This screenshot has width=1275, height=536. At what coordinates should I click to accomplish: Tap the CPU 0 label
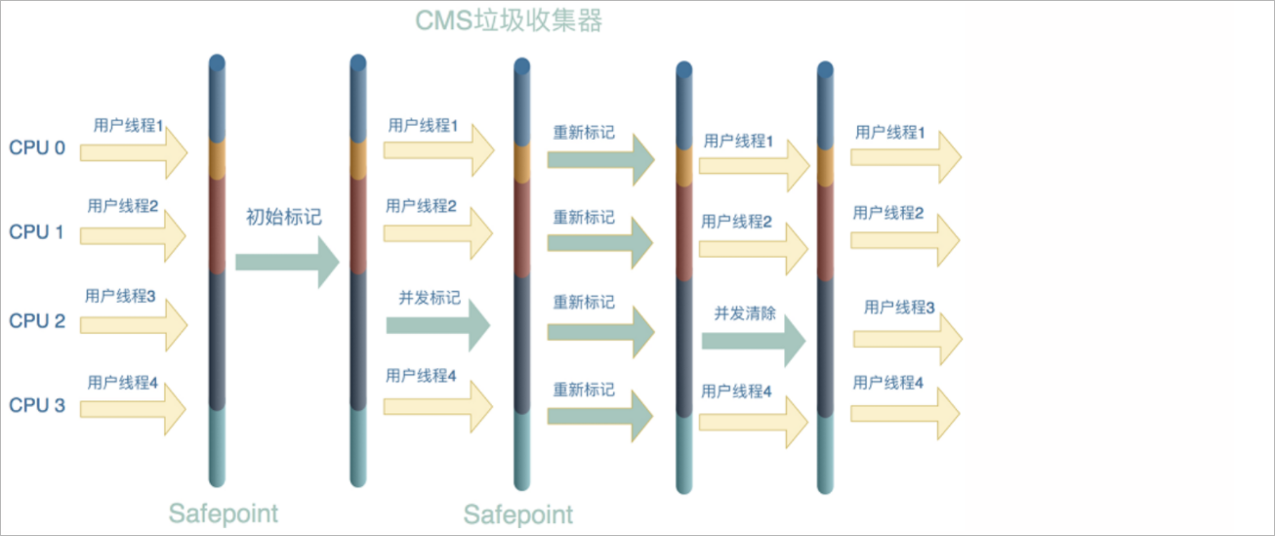pyautogui.click(x=37, y=148)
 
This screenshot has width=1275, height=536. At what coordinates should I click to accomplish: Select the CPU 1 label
pyautogui.click(x=37, y=231)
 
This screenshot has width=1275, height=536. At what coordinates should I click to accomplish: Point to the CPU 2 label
pyautogui.click(x=37, y=320)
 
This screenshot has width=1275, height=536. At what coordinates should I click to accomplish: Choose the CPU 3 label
pyautogui.click(x=37, y=405)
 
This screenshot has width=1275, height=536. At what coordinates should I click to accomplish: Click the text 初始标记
pyautogui.click(x=284, y=217)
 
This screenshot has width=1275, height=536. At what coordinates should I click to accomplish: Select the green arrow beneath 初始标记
pyautogui.click(x=286, y=261)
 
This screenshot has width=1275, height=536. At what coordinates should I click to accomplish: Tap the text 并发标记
pyautogui.click(x=430, y=298)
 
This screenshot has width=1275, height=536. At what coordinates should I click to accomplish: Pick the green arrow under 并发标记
pyautogui.click(x=436, y=326)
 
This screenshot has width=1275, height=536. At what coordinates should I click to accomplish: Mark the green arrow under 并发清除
pyautogui.click(x=752, y=340)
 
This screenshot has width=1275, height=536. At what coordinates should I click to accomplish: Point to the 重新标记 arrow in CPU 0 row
pyautogui.click(x=599, y=158)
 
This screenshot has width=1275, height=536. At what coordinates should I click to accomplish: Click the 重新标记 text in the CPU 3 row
pyautogui.click(x=584, y=389)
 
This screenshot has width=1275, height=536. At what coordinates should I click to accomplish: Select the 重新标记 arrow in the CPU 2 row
pyautogui.click(x=599, y=331)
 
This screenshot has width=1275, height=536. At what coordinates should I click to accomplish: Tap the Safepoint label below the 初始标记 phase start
pyautogui.click(x=223, y=514)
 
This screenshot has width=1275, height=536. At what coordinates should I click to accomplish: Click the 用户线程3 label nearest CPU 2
pyautogui.click(x=120, y=295)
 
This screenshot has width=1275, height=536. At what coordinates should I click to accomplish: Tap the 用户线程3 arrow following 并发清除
pyautogui.click(x=907, y=338)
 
